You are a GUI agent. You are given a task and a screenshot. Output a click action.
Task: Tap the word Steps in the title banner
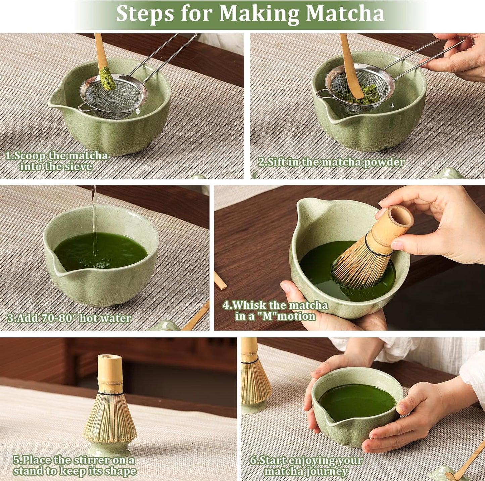point(145,13)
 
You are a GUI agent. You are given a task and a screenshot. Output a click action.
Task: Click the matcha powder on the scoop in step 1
point(108,78)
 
